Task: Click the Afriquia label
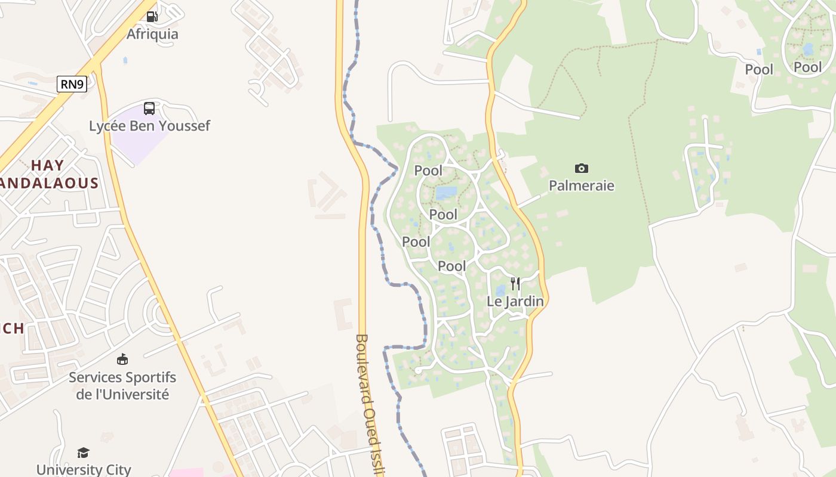152,34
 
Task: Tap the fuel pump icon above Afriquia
152,17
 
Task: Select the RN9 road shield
72,84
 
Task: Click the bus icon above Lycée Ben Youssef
149,109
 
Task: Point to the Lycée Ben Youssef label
149,126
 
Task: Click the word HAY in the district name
47,165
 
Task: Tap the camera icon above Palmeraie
581,169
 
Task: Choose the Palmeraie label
581,185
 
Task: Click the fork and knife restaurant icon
515,284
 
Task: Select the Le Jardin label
515,301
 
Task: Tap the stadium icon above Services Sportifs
122,359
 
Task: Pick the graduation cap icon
83,453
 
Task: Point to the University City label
83,470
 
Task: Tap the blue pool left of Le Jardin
500,291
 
